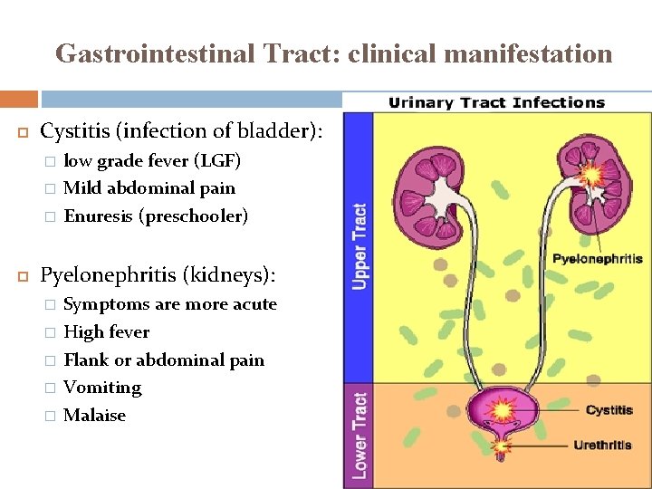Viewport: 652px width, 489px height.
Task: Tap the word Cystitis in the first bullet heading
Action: [x=73, y=131]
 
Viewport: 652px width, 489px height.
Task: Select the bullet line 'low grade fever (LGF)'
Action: [x=152, y=161]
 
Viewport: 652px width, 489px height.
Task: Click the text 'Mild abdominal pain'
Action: [x=149, y=188]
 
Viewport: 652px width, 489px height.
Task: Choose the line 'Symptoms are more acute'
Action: [x=170, y=304]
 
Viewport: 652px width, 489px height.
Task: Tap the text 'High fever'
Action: [x=107, y=332]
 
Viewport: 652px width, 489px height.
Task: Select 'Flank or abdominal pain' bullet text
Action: [x=164, y=360]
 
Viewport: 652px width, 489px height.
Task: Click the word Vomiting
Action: [x=102, y=388]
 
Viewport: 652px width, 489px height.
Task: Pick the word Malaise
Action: [x=95, y=416]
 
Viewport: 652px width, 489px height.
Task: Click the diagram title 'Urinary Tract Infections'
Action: [x=496, y=102]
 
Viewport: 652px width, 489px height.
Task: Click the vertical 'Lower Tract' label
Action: [x=360, y=435]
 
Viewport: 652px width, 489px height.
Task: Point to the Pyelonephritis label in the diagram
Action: [x=598, y=259]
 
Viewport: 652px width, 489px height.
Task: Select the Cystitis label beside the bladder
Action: [x=609, y=410]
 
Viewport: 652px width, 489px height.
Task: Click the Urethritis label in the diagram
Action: [x=602, y=445]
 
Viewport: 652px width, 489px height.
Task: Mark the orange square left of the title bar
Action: [x=19, y=99]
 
